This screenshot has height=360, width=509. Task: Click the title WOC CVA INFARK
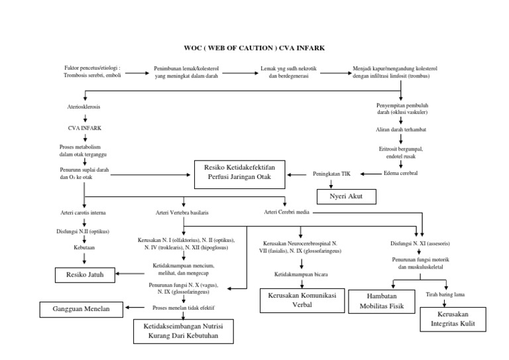click(254, 48)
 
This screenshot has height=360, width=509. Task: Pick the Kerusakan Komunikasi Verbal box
click(297, 299)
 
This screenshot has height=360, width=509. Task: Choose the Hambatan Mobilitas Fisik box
click(381, 301)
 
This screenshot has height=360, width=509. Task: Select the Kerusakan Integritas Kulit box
click(453, 318)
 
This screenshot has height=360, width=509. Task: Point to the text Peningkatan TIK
click(337, 174)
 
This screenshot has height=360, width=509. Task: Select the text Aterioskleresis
click(83, 107)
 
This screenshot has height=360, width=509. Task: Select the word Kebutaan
click(84, 246)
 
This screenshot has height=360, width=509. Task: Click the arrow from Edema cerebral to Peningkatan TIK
click(370, 174)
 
